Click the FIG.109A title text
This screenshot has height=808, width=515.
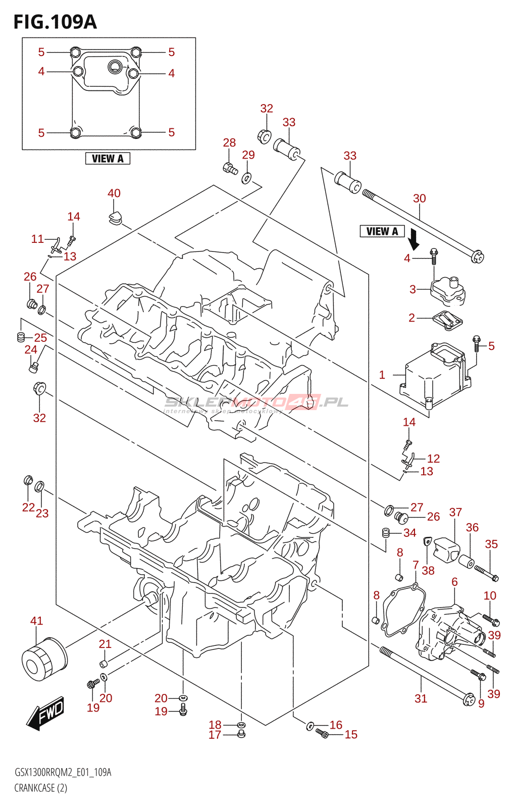coord(55,22)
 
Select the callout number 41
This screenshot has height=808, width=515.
coord(36,621)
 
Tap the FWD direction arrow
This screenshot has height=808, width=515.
coord(46,713)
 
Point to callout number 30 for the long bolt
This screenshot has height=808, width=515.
coord(419,198)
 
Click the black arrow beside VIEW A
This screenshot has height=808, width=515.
coord(414,239)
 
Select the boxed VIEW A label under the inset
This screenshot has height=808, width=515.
coord(108,159)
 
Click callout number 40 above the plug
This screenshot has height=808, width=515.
coord(114,193)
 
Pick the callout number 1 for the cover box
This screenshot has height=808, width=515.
coord(382,375)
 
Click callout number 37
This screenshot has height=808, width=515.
coord(455,512)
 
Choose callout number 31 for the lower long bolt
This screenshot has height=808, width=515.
coord(421,698)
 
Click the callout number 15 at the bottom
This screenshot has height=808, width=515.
coord(351,734)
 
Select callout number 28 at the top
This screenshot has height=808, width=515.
coord(229,143)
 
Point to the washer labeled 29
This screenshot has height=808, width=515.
coord(247,178)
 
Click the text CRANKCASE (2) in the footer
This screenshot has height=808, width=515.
coord(40,788)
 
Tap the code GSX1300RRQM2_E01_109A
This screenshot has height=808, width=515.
coord(63,772)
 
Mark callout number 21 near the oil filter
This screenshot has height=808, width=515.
coord(105,644)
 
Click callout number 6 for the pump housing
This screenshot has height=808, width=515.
coord(454,582)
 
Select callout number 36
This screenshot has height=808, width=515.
coord(472,527)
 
